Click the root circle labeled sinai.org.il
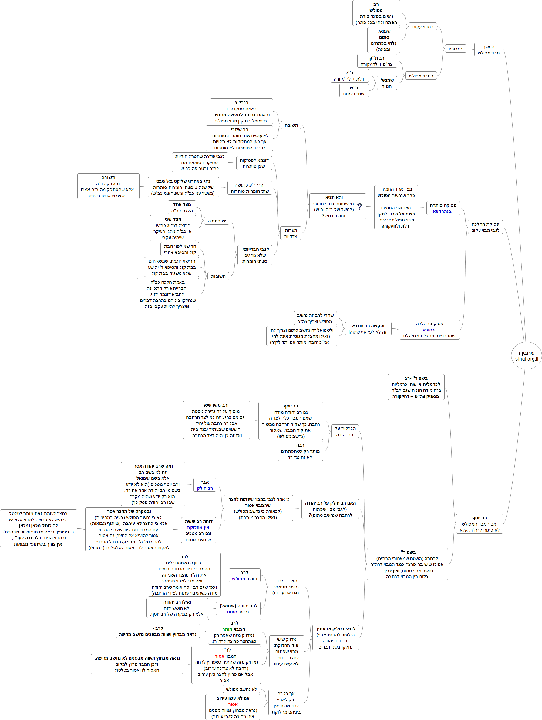coord(526,355)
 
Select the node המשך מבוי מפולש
coord(488,49)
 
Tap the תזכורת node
coord(455,49)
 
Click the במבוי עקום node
coord(423,27)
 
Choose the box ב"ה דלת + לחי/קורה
coord(349,76)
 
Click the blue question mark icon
coord(359,206)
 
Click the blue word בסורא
coord(429,330)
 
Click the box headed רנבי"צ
coord(241,112)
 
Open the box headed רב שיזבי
coord(239,139)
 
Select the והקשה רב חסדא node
coord(368,329)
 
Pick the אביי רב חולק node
coord(205,485)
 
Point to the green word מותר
coord(227,629)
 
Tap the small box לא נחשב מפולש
coord(241,689)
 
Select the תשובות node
coord(218,276)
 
